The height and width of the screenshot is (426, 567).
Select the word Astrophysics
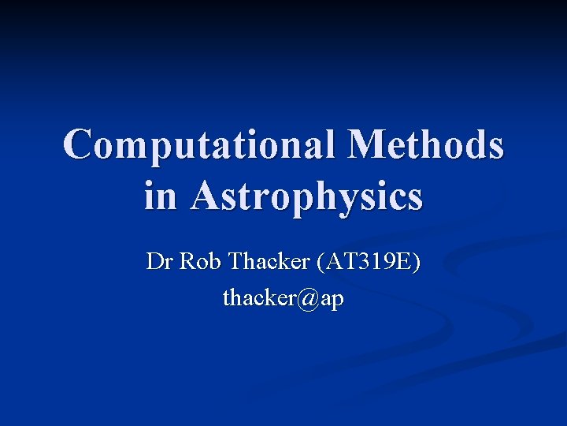click(x=306, y=196)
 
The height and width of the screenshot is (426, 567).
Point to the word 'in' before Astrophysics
click(x=160, y=196)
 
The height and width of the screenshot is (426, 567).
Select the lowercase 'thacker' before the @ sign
click(x=261, y=299)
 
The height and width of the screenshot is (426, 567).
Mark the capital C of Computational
click(x=80, y=145)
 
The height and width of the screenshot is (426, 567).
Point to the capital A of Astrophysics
click(x=206, y=196)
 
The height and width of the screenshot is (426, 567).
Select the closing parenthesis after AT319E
click(x=417, y=262)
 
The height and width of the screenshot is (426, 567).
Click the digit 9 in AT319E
click(x=389, y=261)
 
